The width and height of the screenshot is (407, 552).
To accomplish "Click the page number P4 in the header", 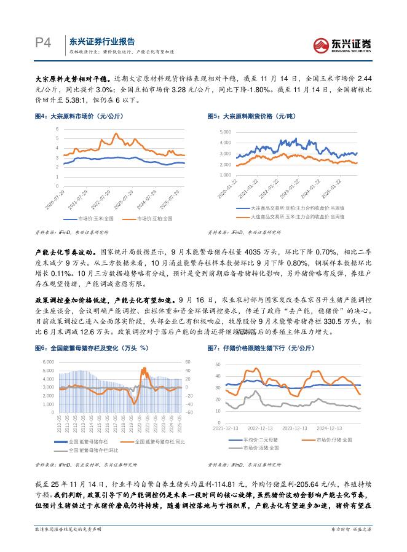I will [x=41, y=43].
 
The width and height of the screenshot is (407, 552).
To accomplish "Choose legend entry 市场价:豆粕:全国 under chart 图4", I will [x=148, y=218].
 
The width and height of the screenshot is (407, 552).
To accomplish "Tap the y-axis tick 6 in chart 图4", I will [x=57, y=128].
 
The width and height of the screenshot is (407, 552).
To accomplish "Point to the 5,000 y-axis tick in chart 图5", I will [x=224, y=132].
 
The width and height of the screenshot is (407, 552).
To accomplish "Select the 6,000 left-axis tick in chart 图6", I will [x=48, y=362].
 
